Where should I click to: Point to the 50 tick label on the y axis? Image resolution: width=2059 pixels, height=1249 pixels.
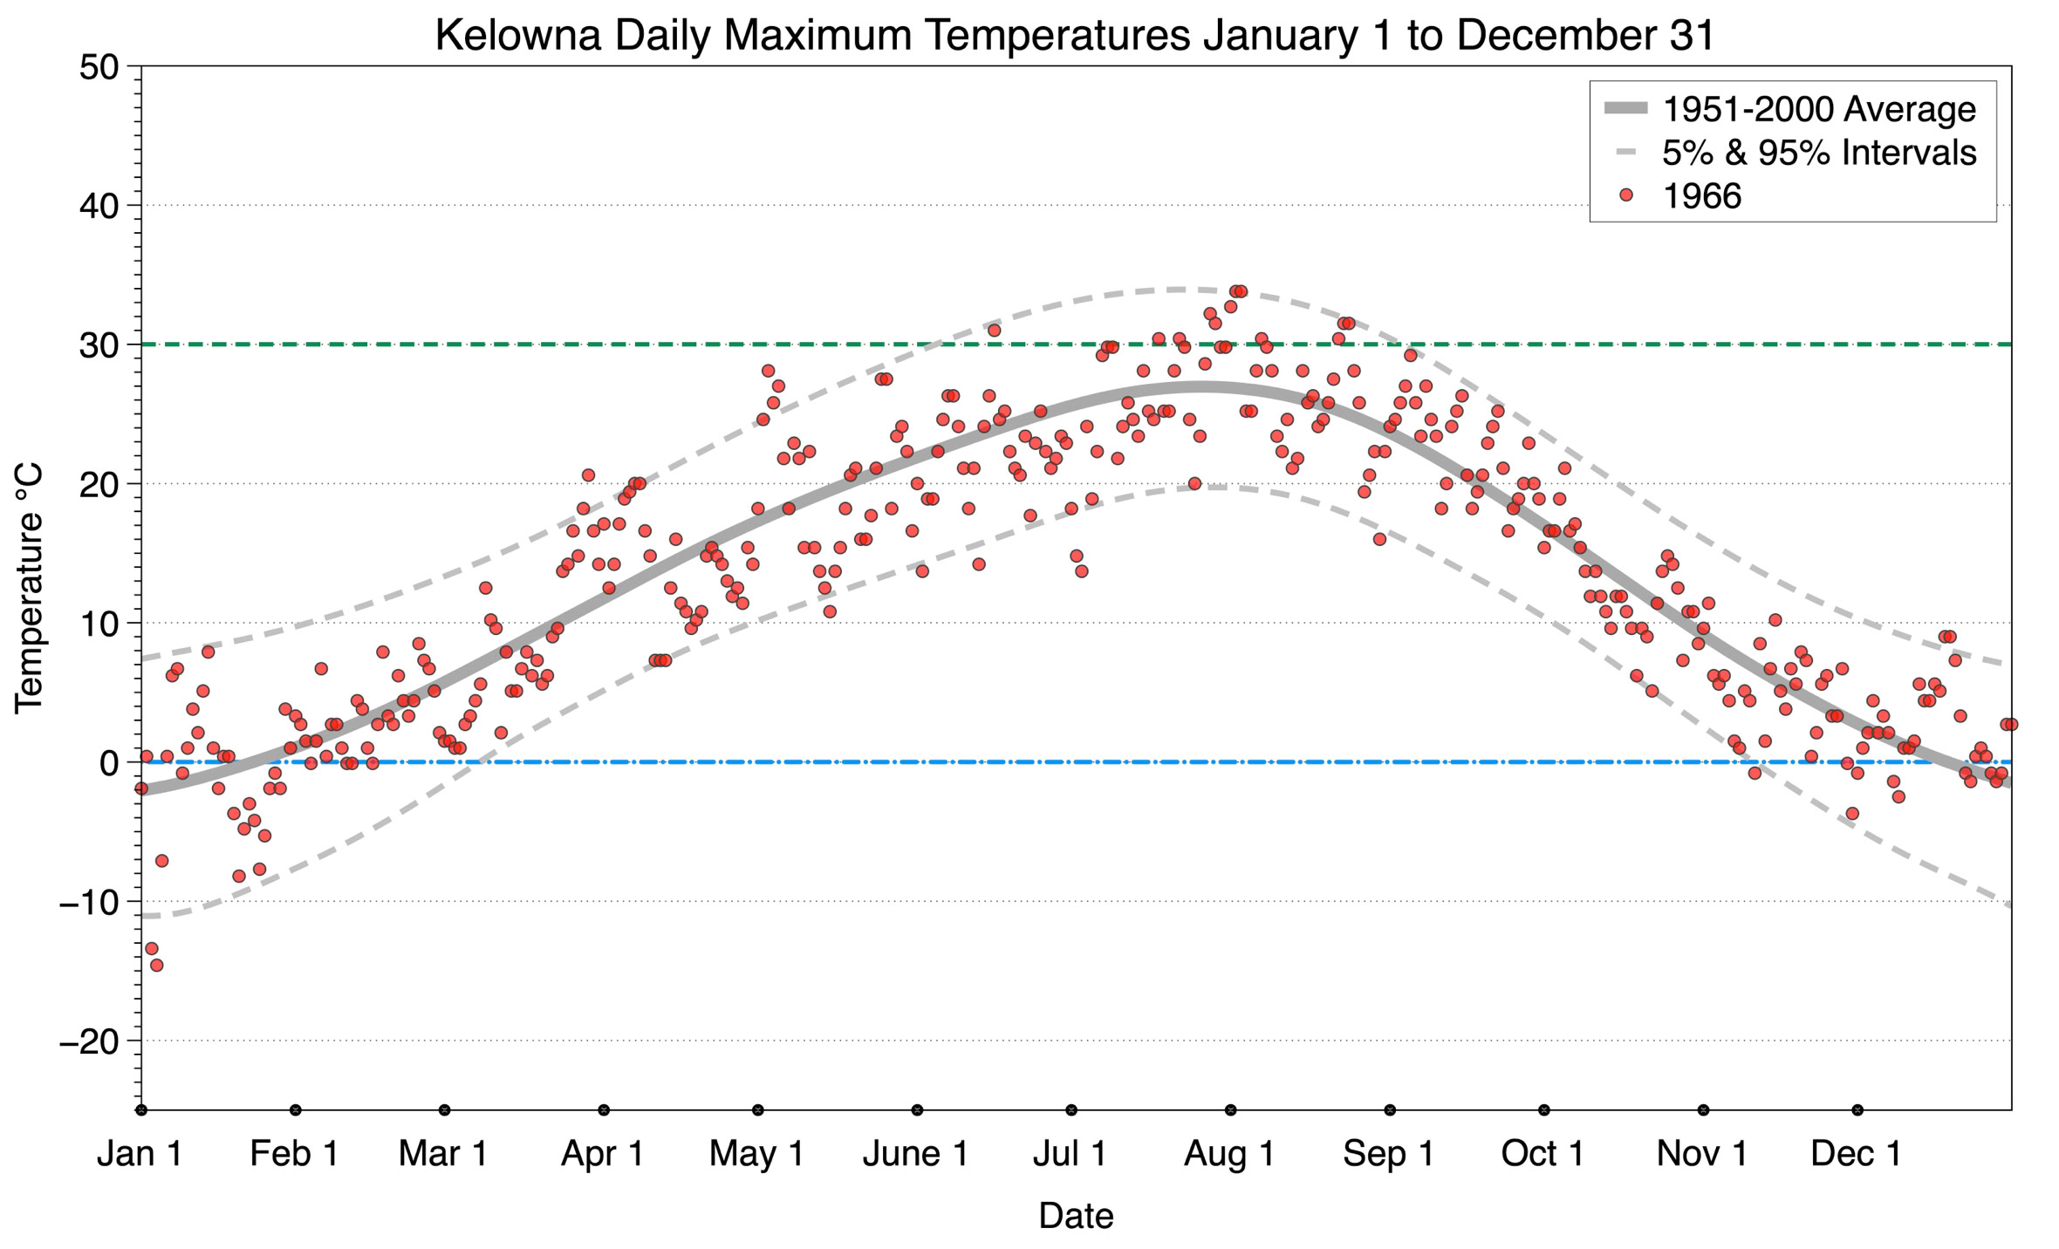tap(99, 67)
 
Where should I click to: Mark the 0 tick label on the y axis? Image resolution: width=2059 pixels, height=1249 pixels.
tap(109, 763)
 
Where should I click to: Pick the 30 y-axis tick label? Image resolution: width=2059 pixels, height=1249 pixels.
tap(99, 345)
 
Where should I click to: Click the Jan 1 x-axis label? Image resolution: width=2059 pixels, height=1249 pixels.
tap(140, 1154)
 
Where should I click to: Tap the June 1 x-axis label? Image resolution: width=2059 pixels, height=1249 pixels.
tap(915, 1154)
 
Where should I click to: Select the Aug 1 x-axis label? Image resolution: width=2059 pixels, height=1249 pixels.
tap(1228, 1154)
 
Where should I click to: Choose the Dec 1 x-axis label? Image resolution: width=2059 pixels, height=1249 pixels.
tap(1856, 1154)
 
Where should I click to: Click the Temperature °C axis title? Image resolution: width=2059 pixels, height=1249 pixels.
tap(29, 588)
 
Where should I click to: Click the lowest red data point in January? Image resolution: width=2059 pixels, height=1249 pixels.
tap(156, 965)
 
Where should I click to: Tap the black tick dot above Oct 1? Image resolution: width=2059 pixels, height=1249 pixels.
tap(1544, 1110)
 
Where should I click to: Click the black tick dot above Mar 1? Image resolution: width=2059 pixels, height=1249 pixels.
tap(444, 1110)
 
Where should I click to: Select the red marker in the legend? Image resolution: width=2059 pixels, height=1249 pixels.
tap(1625, 196)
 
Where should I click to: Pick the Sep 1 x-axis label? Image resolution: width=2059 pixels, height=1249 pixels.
tap(1388, 1154)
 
